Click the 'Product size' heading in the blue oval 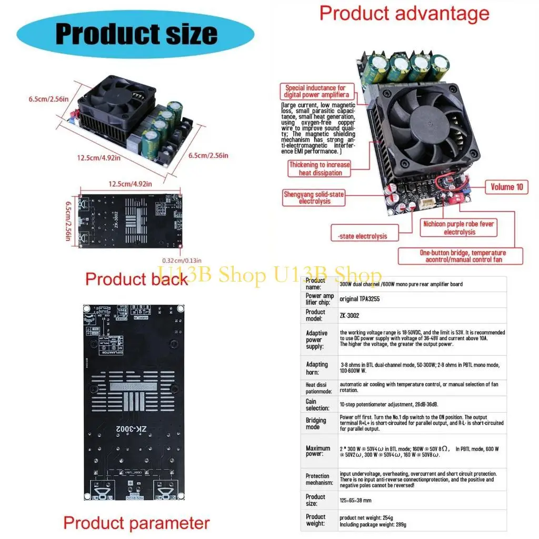136,33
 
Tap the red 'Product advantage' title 404,13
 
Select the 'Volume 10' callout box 506,187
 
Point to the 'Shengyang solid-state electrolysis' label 314,197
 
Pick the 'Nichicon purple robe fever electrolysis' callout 459,227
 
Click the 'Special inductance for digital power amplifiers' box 315,92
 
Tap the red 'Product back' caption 136,278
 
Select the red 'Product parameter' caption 136,523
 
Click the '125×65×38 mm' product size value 355,501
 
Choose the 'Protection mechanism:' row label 318,479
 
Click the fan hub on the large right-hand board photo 433,119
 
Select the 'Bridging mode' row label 316,423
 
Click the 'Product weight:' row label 316,521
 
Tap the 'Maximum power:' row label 318,451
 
